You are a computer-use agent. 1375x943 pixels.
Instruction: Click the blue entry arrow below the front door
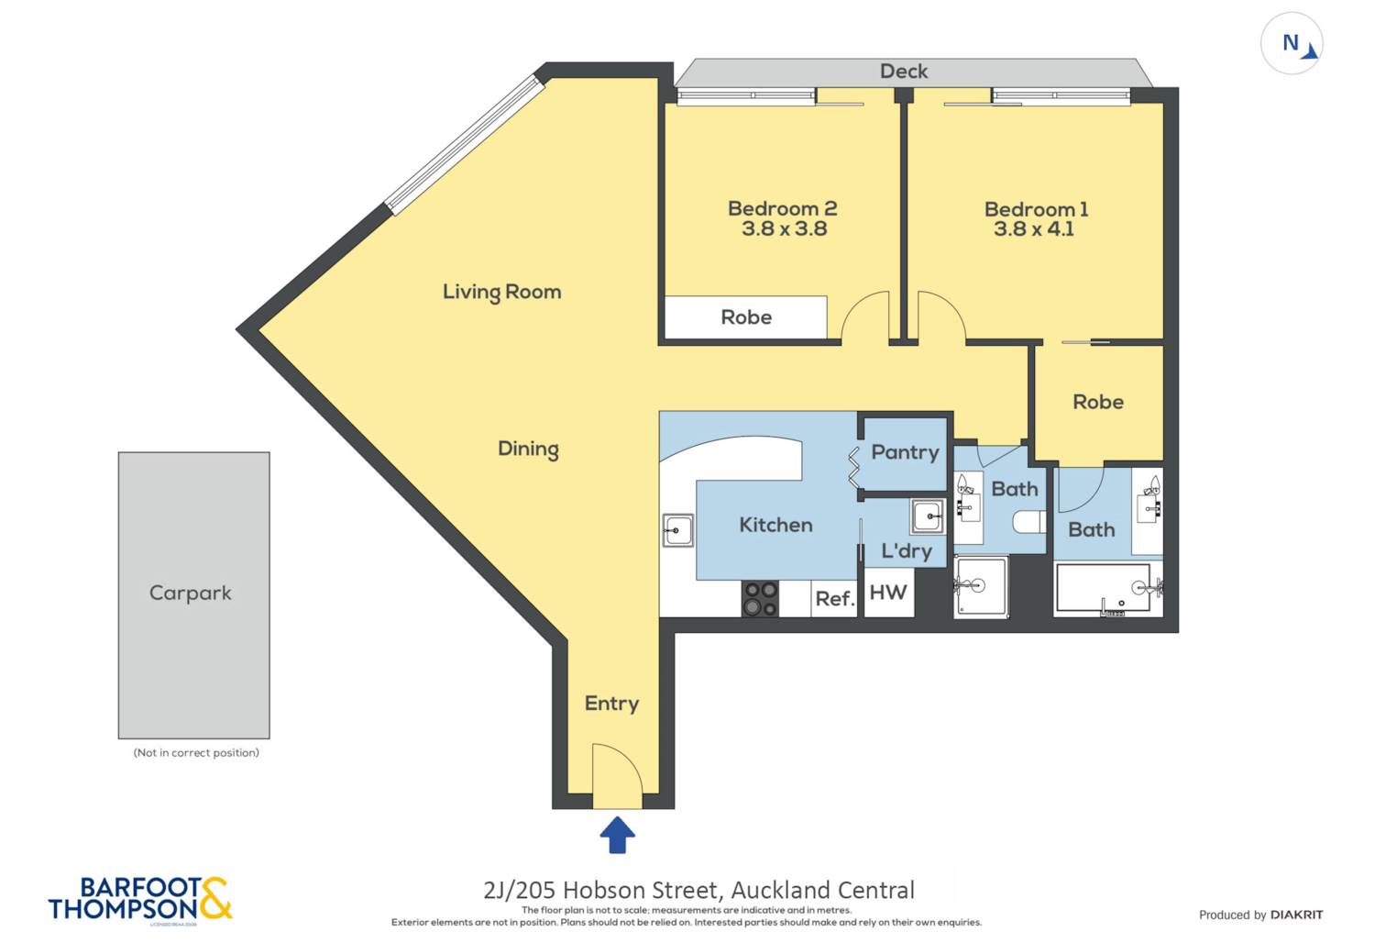617,835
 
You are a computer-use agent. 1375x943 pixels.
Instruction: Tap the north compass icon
1292,43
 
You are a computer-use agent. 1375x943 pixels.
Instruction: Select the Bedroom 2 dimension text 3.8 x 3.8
784,229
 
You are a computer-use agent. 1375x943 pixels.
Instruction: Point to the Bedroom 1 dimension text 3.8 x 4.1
1033,229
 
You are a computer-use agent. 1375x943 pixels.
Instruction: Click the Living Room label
501,292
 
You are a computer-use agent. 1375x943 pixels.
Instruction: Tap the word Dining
528,449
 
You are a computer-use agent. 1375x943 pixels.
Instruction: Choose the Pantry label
905,452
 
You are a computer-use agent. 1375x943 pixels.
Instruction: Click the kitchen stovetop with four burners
760,598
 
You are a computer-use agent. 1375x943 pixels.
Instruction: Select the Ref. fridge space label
834,599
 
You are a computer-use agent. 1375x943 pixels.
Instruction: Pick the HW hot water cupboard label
887,593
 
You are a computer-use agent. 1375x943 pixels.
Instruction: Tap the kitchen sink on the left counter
678,530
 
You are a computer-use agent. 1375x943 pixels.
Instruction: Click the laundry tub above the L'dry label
927,516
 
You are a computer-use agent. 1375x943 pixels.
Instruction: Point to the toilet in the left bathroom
1028,523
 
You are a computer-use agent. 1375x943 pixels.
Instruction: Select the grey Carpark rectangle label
191,594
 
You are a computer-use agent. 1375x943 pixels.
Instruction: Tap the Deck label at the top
904,72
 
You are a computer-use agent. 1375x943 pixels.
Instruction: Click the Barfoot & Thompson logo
140,899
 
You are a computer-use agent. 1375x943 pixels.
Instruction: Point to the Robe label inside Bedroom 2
746,317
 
